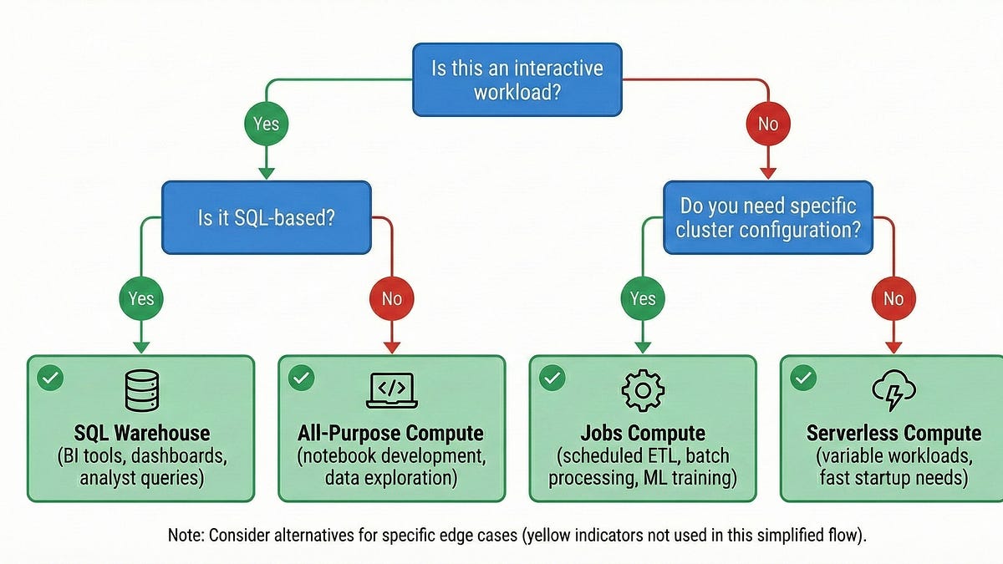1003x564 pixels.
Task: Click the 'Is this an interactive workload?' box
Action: pyautogui.click(x=517, y=79)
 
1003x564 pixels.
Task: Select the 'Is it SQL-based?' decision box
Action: pyautogui.click(x=267, y=217)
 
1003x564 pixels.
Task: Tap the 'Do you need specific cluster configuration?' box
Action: pyautogui.click(x=768, y=217)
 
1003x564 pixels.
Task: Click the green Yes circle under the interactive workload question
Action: pyautogui.click(x=267, y=124)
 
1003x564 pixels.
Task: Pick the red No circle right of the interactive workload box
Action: pyautogui.click(x=768, y=124)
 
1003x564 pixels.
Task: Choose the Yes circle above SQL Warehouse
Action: pyautogui.click(x=141, y=298)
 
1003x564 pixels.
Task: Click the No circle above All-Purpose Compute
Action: pyautogui.click(x=392, y=298)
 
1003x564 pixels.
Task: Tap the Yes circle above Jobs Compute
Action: pyautogui.click(x=643, y=298)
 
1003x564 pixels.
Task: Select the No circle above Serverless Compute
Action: pyautogui.click(x=894, y=298)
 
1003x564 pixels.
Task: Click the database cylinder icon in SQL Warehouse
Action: pyautogui.click(x=141, y=390)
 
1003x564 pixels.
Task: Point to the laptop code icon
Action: pyautogui.click(x=392, y=390)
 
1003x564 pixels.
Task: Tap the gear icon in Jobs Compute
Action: pyautogui.click(x=643, y=390)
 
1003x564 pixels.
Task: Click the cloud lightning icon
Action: pyautogui.click(x=894, y=390)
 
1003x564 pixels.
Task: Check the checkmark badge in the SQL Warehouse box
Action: pyautogui.click(x=50, y=379)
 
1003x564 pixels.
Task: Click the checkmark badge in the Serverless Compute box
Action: pyautogui.click(x=803, y=379)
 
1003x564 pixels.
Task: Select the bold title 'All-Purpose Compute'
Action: pyautogui.click(x=390, y=434)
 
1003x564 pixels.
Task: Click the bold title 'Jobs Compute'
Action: pyautogui.click(x=643, y=434)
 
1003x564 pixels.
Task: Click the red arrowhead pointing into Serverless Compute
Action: pyautogui.click(x=894, y=348)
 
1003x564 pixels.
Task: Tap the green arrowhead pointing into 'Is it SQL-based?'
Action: pyautogui.click(x=267, y=173)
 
